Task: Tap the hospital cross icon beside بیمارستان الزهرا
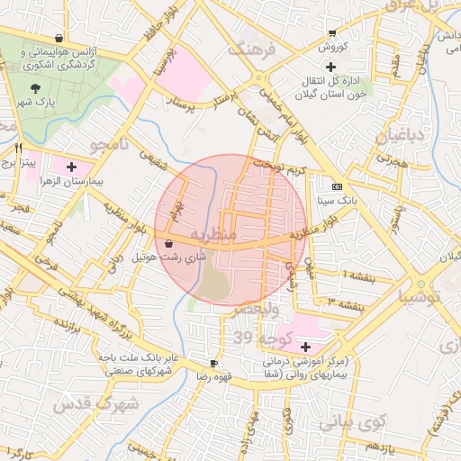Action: (72, 167)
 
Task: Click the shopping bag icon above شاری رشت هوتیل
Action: (170, 242)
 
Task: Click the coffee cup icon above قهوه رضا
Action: (214, 362)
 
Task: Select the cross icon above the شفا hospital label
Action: (305, 347)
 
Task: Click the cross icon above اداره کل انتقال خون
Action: (331, 68)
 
